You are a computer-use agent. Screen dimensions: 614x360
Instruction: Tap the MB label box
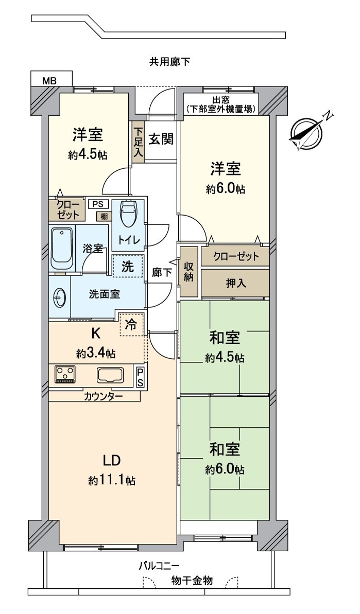tap(50, 80)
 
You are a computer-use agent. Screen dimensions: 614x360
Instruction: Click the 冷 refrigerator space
tap(132, 325)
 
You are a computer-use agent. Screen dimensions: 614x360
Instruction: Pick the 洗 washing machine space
tap(127, 267)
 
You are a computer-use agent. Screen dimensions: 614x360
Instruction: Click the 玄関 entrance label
tap(161, 139)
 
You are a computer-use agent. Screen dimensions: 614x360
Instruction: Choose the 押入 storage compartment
tap(235, 283)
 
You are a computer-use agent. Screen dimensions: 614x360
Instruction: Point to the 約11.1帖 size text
tap(112, 481)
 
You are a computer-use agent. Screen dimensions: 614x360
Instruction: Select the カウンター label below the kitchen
tap(104, 396)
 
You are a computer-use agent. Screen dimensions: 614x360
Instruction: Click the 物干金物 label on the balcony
tap(192, 581)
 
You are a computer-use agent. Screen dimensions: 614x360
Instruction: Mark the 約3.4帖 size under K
tap(96, 354)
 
